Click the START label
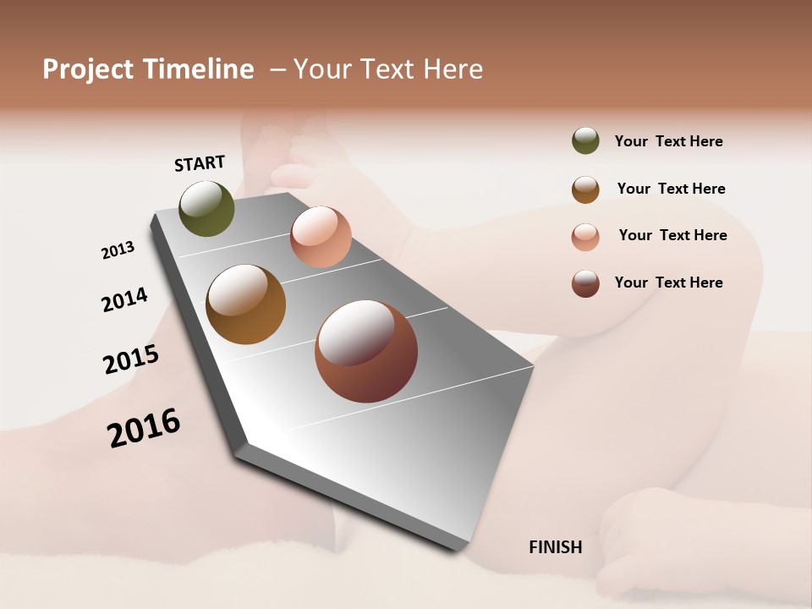(200, 163)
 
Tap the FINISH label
(555, 547)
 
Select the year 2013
(118, 250)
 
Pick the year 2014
(124, 299)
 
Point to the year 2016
(144, 428)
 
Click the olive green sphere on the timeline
(207, 209)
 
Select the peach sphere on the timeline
(321, 237)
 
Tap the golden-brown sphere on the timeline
(245, 304)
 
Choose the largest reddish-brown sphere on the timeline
(366, 351)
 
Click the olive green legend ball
(585, 140)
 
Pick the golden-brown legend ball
(585, 189)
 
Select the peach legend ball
(585, 237)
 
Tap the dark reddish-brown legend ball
(585, 283)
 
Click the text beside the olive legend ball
(668, 142)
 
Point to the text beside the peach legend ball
(672, 235)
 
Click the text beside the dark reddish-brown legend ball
(668, 283)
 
